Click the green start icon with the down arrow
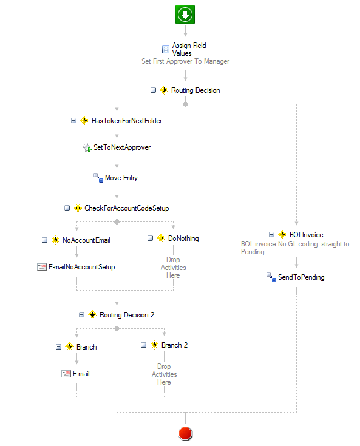pyautogui.click(x=185, y=15)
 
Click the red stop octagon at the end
pyautogui.click(x=186, y=433)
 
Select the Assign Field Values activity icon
pyautogui.click(x=166, y=49)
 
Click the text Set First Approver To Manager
pyautogui.click(x=185, y=61)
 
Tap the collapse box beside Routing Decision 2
pyautogui.click(x=82, y=315)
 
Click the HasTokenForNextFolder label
pyautogui.click(x=127, y=121)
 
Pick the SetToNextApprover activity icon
pyautogui.click(x=87, y=147)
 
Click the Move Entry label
pyautogui.click(x=121, y=178)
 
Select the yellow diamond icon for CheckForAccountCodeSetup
pyautogui.click(x=78, y=208)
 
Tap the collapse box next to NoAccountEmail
pyautogui.click(x=45, y=240)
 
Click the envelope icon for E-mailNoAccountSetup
pyautogui.click(x=42, y=267)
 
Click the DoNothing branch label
pyautogui.click(x=183, y=238)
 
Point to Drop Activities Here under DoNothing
pyautogui.click(x=173, y=268)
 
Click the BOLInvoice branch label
pyautogui.click(x=306, y=235)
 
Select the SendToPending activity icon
pyautogui.click(x=271, y=277)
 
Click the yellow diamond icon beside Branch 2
pyautogui.click(x=154, y=345)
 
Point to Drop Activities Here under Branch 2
pyautogui.click(x=164, y=374)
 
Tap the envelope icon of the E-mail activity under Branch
pyautogui.click(x=66, y=374)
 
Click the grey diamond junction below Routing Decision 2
pyautogui.click(x=117, y=328)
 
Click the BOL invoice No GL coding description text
pyautogui.click(x=295, y=248)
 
